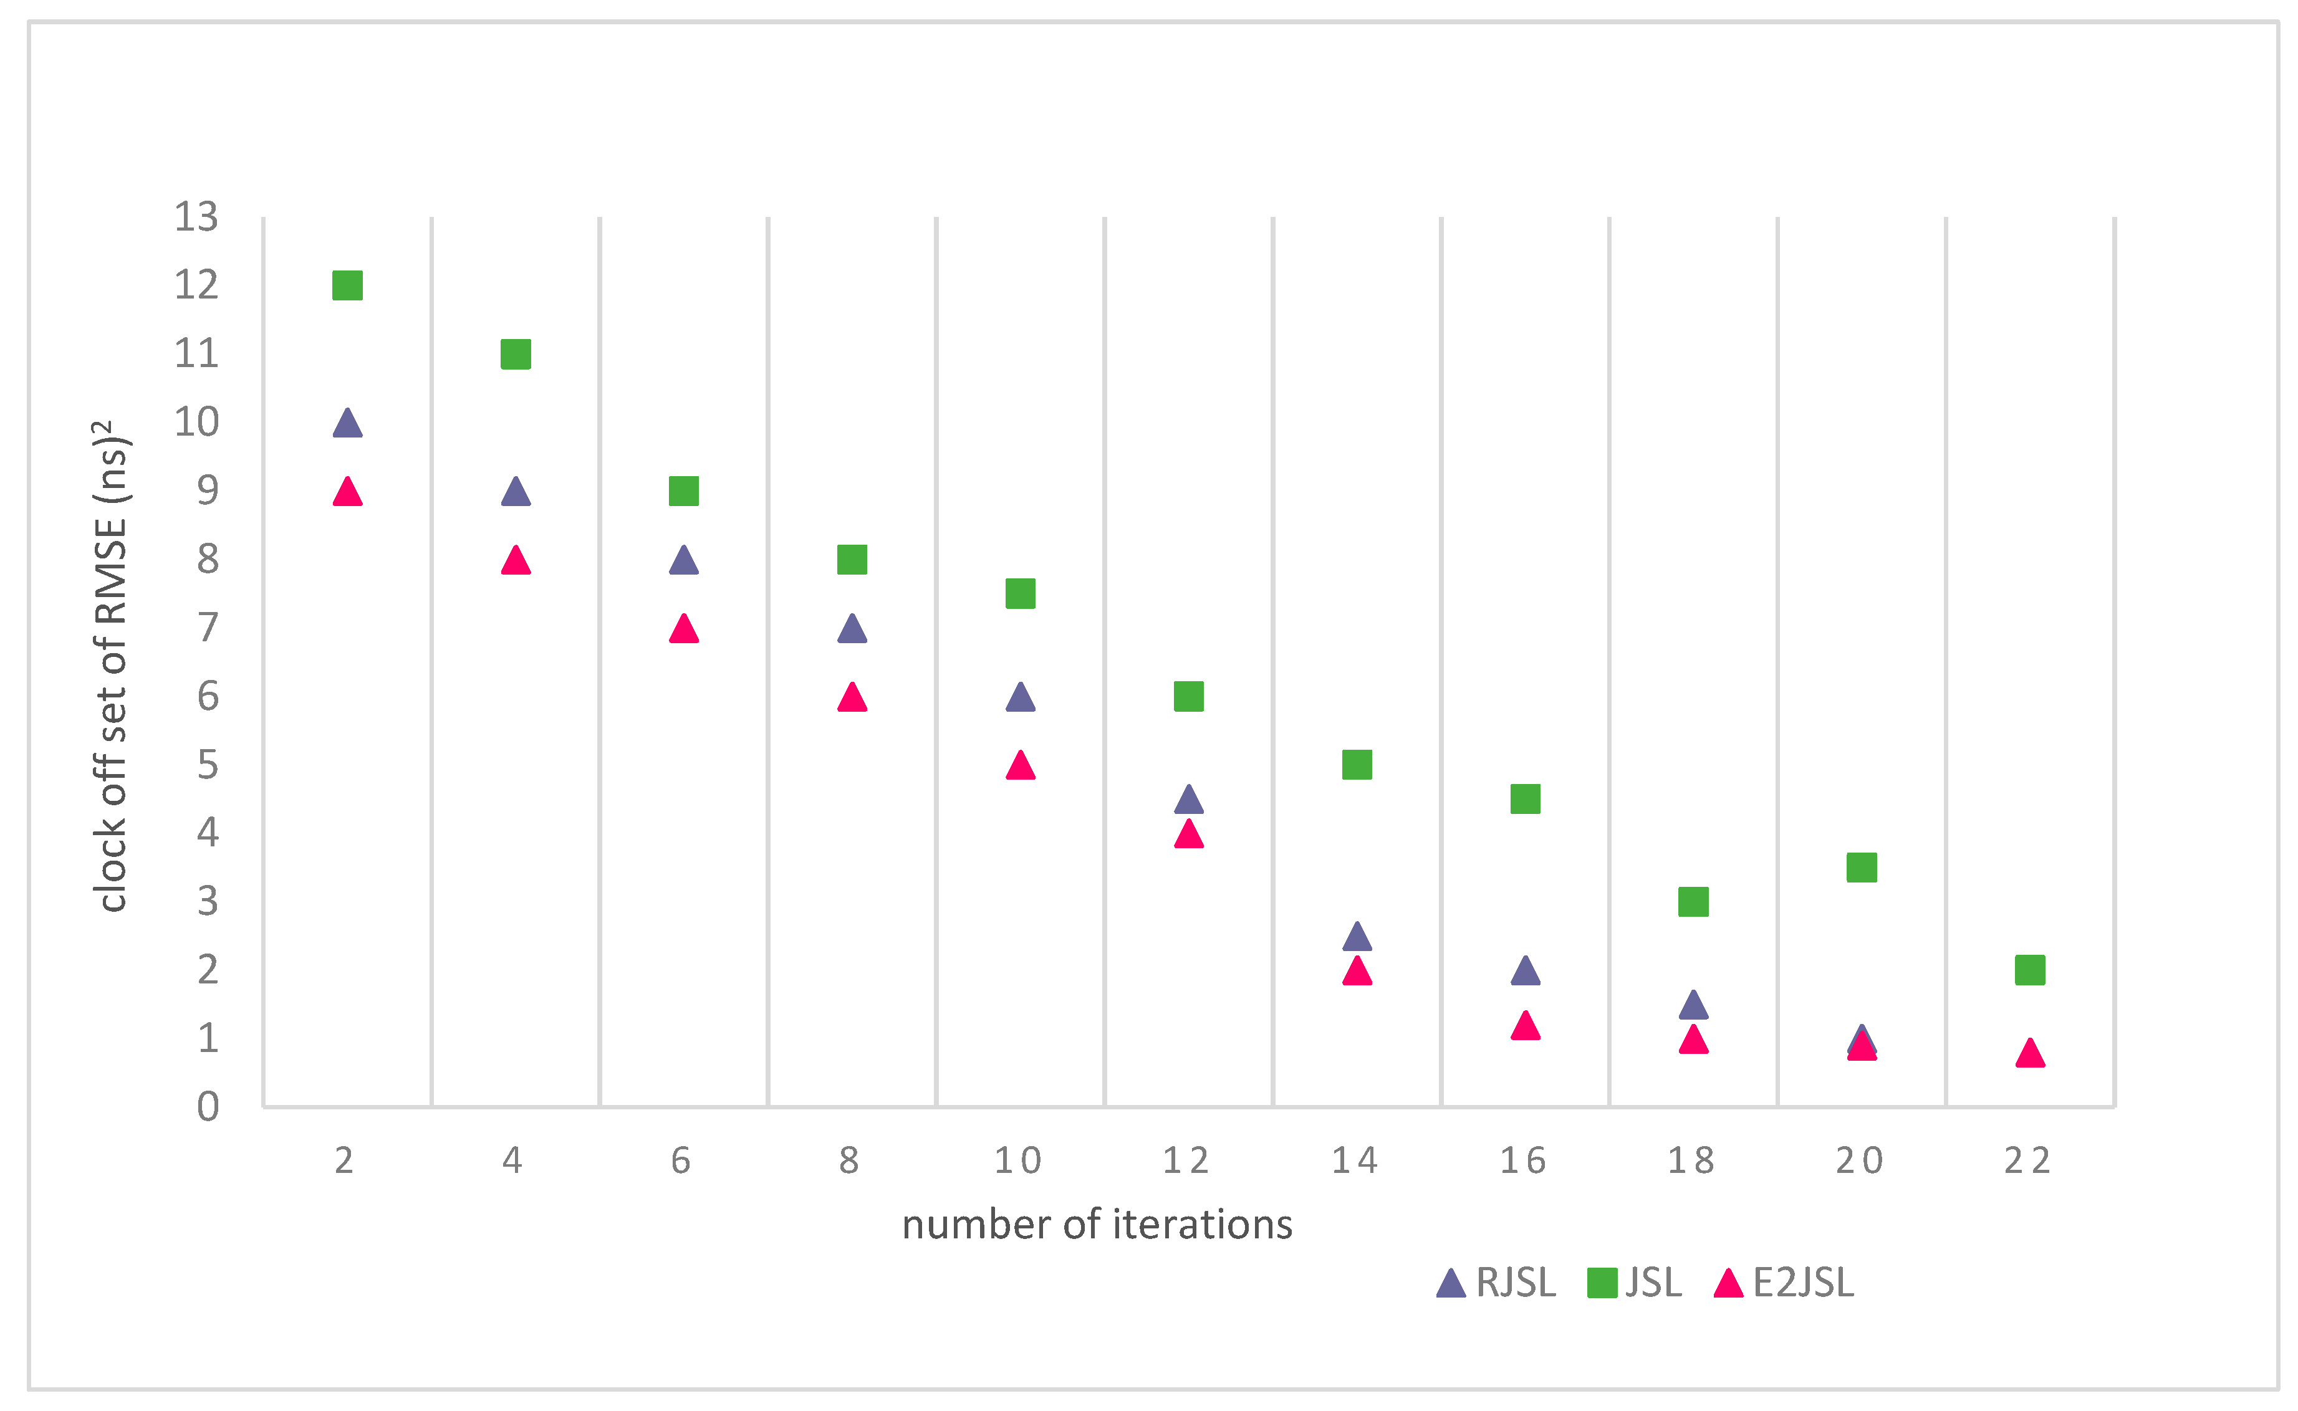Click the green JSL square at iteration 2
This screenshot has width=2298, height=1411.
[x=347, y=285]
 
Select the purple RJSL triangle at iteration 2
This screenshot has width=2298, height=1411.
[x=347, y=424]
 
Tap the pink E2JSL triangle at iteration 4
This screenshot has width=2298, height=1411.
[x=515, y=562]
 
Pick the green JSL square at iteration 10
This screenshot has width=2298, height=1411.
[x=1020, y=593]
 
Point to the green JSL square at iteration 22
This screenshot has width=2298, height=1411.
[x=2030, y=970]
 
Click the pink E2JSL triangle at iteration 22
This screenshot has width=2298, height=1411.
[x=2030, y=1055]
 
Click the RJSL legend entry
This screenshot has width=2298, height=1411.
[x=1495, y=1283]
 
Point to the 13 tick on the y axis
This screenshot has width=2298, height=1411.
[x=196, y=216]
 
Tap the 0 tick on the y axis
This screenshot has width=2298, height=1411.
[x=207, y=1107]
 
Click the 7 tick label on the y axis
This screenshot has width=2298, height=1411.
[x=207, y=627]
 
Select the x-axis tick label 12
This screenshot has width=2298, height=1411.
[x=1185, y=1161]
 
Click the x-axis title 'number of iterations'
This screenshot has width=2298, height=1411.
[x=1097, y=1225]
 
